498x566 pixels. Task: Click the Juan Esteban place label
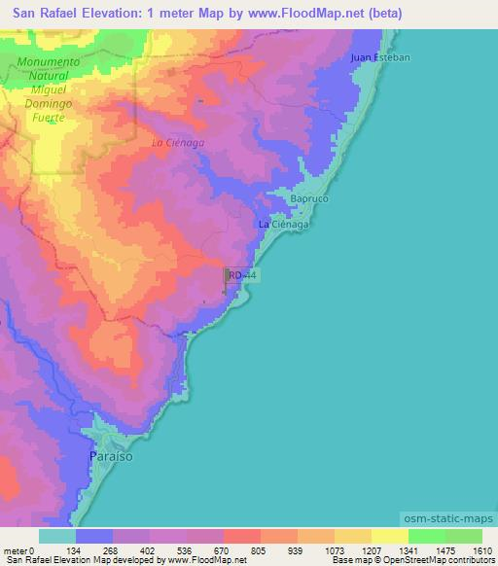(x=380, y=58)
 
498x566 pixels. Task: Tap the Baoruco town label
(x=310, y=198)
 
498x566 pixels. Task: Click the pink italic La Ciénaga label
(x=178, y=143)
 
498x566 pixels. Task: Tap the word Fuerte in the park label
(x=48, y=117)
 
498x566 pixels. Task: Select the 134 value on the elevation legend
(x=76, y=549)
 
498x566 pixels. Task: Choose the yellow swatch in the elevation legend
(x=389, y=536)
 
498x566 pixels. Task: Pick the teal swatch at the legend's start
(x=56, y=536)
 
